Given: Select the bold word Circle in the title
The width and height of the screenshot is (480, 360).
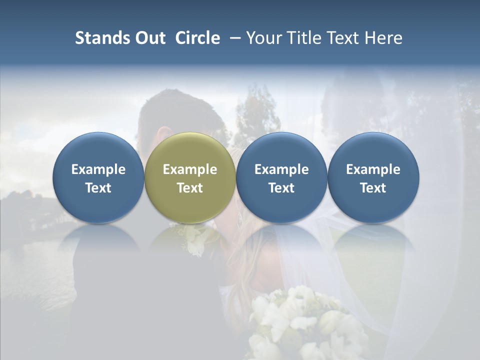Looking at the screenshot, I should point(197,38).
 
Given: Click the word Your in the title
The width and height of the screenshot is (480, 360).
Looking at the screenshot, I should point(263,38).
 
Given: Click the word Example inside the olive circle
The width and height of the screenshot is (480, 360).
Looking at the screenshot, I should point(190,169).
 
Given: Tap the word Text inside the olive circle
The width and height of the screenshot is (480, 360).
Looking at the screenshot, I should point(190,188).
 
